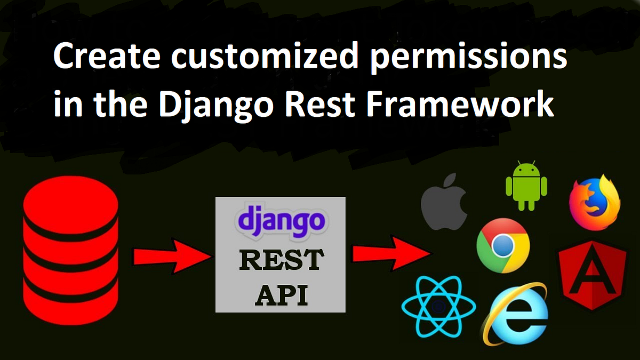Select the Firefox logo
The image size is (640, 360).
(594, 202)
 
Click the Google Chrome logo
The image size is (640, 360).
(503, 245)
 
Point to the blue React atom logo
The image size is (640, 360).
(438, 306)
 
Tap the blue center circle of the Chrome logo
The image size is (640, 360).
(503, 245)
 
